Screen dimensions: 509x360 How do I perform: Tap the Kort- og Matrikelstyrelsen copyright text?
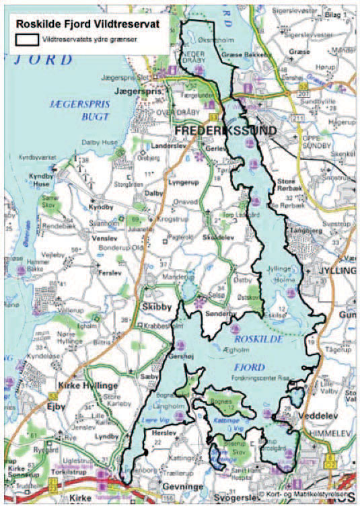pos(303,496)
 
